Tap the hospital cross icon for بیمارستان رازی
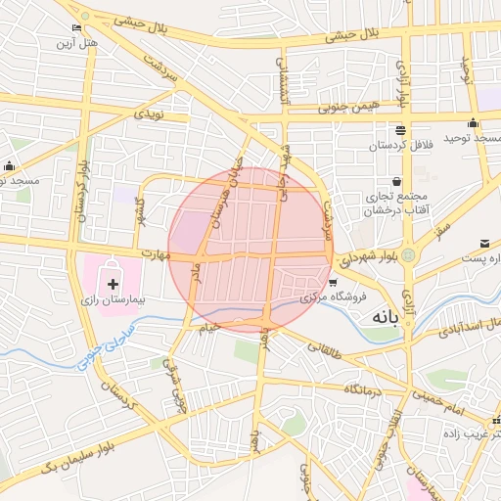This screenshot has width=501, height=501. tap(114, 283)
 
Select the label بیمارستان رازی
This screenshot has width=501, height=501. tap(111, 297)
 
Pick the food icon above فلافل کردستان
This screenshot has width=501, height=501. tap(399, 130)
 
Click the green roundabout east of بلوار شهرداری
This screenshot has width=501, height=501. tap(407, 254)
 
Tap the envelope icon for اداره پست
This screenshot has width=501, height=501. tap(485, 243)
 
